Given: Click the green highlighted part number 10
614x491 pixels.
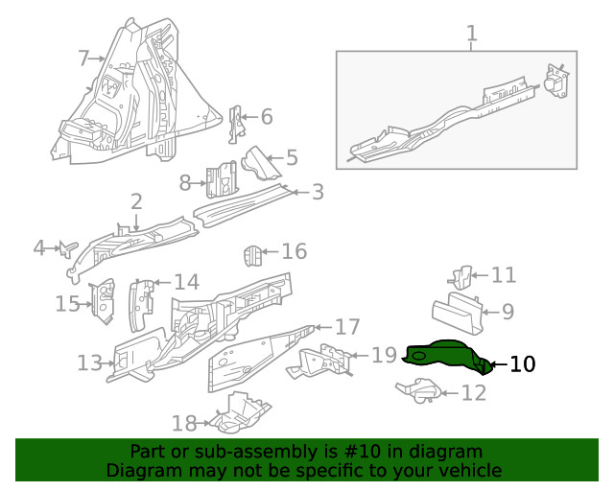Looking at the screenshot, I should coord(443,355).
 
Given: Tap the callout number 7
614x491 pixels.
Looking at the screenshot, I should coord(83,58).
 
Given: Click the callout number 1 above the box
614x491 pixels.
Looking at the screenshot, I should coord(471,35).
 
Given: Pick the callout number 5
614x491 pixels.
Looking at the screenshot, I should coord(291,157).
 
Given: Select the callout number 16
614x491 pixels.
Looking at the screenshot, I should coord(294,251).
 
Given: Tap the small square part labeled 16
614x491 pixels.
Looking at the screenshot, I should coord(250,257).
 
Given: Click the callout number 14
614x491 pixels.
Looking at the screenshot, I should coord(186,282).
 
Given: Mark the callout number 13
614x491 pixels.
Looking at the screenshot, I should coord(89,363).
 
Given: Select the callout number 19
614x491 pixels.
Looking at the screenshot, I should coord(384,356).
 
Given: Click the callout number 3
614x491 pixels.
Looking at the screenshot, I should coord(317,192).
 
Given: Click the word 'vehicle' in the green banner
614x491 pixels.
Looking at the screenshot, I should coord(468,470).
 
